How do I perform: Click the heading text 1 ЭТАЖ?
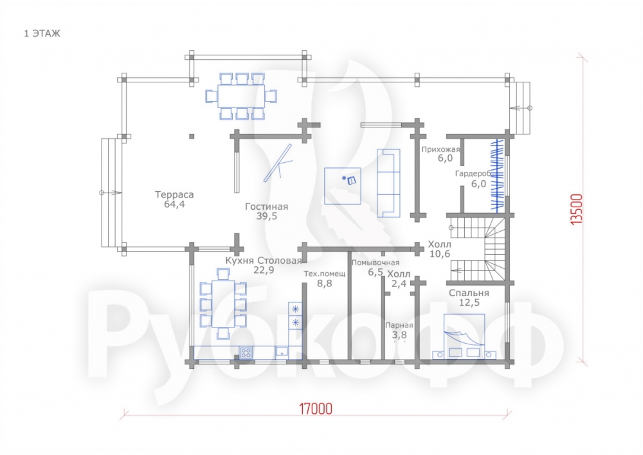(x=42, y=33)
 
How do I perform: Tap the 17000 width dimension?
(x=315, y=409)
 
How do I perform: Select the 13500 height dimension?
(x=576, y=209)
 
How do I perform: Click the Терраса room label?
(x=174, y=194)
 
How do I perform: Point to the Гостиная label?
(x=267, y=207)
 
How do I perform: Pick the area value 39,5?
(x=267, y=216)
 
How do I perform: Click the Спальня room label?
(x=469, y=293)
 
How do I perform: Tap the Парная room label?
(x=399, y=326)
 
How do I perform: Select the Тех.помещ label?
(x=324, y=274)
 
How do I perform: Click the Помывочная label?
(x=376, y=263)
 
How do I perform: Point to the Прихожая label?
(x=441, y=149)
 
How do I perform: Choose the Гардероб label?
(x=473, y=174)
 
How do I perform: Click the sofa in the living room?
(x=388, y=183)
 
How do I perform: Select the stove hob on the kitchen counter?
(x=246, y=353)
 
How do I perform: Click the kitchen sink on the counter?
(x=282, y=352)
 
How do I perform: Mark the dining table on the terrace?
(x=240, y=97)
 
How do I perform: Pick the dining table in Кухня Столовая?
(x=223, y=304)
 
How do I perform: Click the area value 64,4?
(x=174, y=204)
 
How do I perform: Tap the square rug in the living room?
(x=343, y=186)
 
